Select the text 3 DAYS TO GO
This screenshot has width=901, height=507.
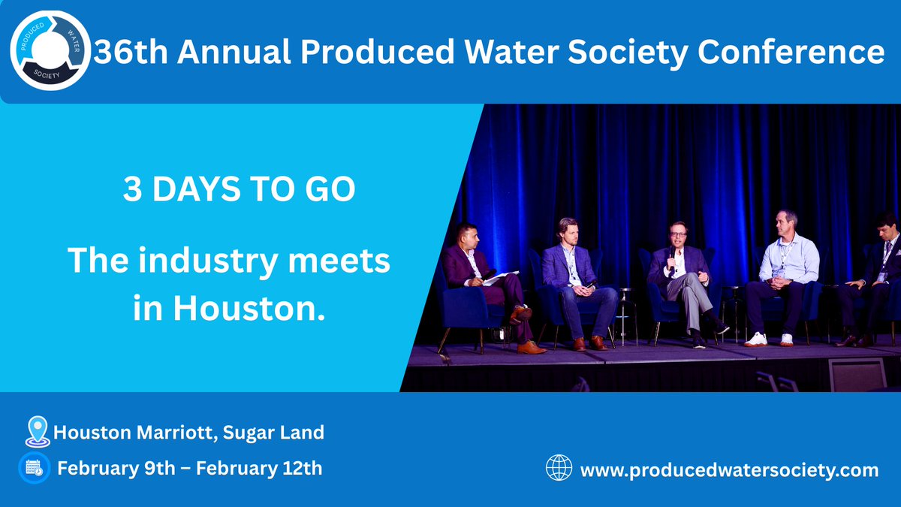pos(239,189)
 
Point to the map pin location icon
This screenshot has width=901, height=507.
pos(35,432)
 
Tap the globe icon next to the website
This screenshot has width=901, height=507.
pos(559,469)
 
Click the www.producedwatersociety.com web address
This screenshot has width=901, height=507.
pos(729,470)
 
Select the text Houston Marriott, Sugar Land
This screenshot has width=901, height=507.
pos(189,433)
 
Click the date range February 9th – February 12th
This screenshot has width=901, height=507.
pos(190,469)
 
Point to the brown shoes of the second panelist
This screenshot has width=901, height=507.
pos(589,343)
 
